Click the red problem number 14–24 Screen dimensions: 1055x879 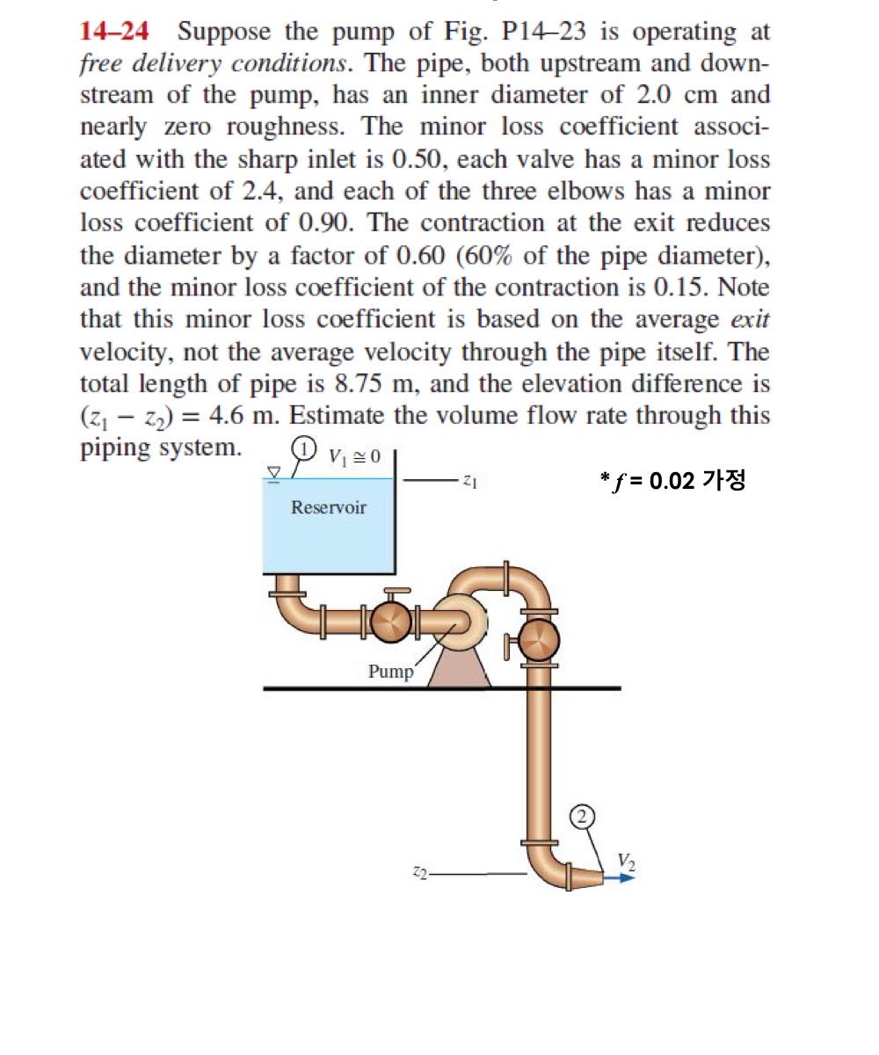tap(114, 33)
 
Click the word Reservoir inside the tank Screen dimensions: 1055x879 tap(329, 507)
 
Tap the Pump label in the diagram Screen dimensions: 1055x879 tap(389, 672)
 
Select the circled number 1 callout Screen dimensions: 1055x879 tap(303, 447)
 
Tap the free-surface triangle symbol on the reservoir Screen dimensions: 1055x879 tap(274, 473)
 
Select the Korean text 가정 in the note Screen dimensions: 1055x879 tap(725, 481)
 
